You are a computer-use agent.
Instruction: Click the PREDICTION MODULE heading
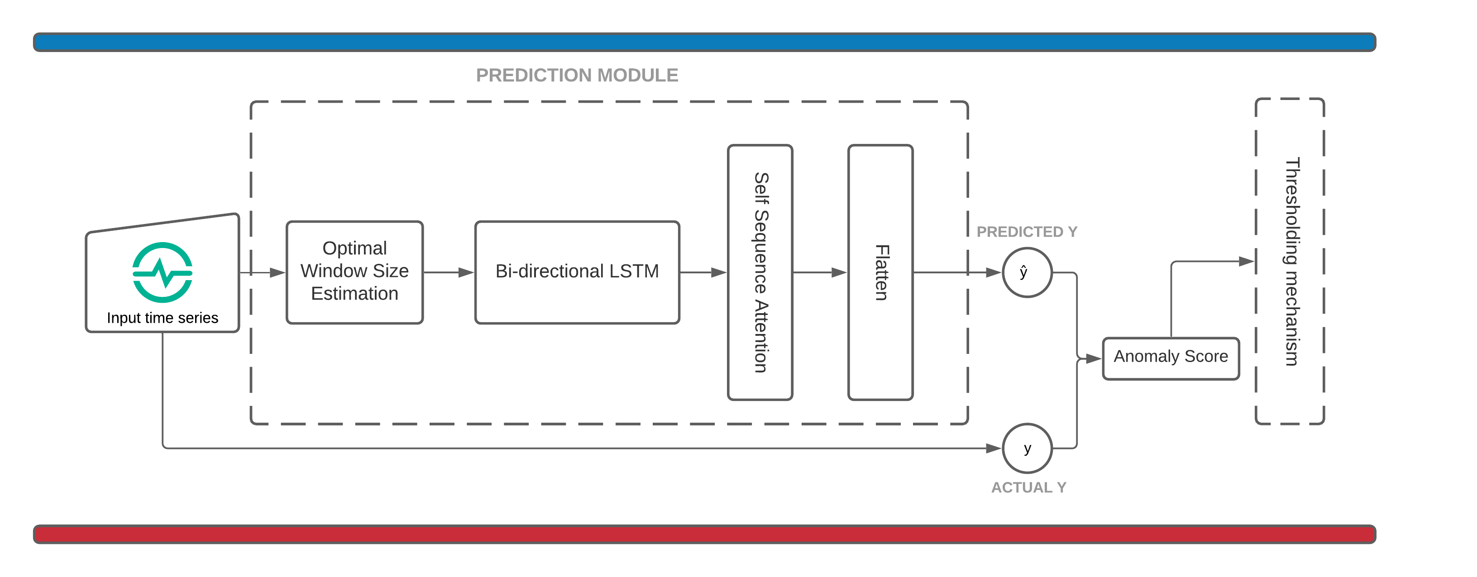pyautogui.click(x=577, y=75)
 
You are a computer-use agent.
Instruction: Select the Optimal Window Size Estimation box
pyautogui.click(x=354, y=272)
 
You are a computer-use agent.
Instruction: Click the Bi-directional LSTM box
pyautogui.click(x=577, y=272)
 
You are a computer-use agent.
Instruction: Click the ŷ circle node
pyautogui.click(x=1027, y=272)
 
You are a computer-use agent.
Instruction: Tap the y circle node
pyautogui.click(x=1027, y=448)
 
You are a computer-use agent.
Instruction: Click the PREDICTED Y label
pyautogui.click(x=1026, y=232)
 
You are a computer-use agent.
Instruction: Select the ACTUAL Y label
pyautogui.click(x=1028, y=487)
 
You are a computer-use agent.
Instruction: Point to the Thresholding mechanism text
pyautogui.click(x=1291, y=261)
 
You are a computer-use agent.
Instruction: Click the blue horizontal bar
pyautogui.click(x=704, y=42)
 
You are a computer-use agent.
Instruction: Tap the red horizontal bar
pyautogui.click(x=704, y=534)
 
